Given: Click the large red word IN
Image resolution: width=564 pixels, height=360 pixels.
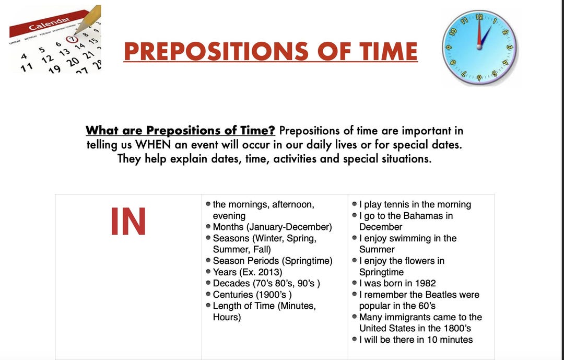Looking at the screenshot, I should click(x=128, y=222).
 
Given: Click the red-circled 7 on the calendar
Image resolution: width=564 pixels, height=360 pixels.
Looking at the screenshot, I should click(x=73, y=38).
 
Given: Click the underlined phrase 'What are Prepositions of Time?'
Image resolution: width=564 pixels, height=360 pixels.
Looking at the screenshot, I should click(x=180, y=131).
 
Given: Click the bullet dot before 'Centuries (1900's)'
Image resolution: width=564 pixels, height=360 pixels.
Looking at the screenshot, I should click(x=208, y=295).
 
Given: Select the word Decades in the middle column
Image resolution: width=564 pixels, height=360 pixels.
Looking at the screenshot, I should click(x=231, y=284).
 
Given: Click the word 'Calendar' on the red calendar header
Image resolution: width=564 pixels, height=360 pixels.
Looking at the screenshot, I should click(x=50, y=23).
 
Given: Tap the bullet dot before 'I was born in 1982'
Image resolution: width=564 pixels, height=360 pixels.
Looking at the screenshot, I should click(x=355, y=284).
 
